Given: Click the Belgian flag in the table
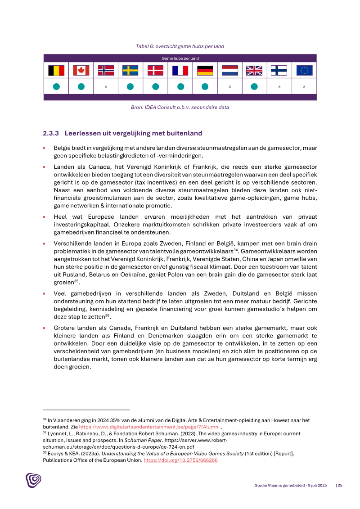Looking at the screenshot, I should (x=56, y=71).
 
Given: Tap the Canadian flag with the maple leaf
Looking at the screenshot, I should (x=81, y=71).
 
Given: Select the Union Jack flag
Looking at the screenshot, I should (x=254, y=71).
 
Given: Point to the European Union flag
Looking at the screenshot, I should (x=304, y=71).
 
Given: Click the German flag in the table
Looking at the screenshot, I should (x=205, y=71).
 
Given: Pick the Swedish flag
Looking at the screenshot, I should (x=130, y=71).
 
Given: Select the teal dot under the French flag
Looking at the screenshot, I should (x=180, y=86).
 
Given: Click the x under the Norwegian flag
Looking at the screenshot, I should (x=106, y=86).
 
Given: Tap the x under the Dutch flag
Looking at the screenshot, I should (x=229, y=86).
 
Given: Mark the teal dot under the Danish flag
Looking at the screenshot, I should (x=155, y=86).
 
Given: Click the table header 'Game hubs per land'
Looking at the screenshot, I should (x=180, y=59).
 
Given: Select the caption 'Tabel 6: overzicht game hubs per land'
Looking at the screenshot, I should (x=180, y=46).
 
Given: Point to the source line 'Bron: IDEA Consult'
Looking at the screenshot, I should (x=180, y=107).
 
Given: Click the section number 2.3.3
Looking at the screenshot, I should (x=51, y=133).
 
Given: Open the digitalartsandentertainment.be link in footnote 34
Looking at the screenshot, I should (x=149, y=427).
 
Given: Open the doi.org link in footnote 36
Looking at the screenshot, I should (x=180, y=460).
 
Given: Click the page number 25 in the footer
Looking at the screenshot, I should (x=340, y=485).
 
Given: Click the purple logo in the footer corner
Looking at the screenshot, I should (x=33, y=480).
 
